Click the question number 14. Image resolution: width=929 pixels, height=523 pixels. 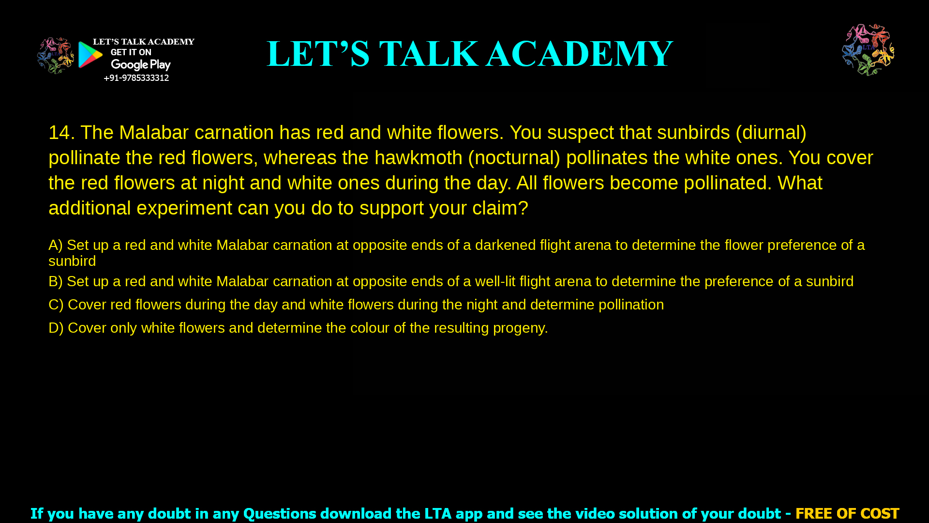pos(61,133)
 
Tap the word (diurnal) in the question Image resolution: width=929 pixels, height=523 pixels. pos(771,133)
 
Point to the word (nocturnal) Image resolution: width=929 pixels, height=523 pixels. pos(514,158)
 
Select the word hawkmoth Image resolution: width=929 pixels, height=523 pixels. pos(419,158)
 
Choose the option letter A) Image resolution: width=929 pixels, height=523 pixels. pos(56,245)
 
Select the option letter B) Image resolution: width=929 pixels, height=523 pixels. pos(56,281)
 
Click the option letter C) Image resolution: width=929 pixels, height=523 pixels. pos(56,305)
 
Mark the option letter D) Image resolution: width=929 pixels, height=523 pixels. pos(56,328)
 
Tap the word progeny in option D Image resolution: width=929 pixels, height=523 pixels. pos(520,329)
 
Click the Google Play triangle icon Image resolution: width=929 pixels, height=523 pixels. pos(90,55)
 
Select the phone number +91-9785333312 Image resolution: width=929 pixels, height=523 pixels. pos(136,78)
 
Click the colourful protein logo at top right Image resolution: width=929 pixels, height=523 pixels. pos(868,50)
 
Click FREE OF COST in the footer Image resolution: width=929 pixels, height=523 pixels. pos(847,513)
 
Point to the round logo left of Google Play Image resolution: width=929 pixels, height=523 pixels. pos(56,56)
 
